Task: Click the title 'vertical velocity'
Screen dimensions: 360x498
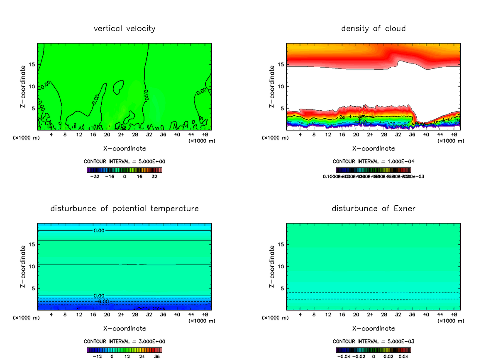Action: (x=124, y=29)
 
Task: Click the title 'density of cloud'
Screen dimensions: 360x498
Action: (x=373, y=29)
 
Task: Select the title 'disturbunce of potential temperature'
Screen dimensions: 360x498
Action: (x=124, y=208)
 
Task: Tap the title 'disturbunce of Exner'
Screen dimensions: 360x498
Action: (x=373, y=208)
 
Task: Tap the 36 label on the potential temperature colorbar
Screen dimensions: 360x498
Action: (x=157, y=356)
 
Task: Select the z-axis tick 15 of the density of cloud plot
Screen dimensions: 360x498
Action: (x=281, y=65)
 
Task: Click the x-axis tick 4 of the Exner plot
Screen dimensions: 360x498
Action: (x=300, y=314)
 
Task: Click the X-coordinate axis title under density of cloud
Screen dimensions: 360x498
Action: (x=373, y=148)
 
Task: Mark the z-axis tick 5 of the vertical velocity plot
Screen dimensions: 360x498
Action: (x=33, y=109)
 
